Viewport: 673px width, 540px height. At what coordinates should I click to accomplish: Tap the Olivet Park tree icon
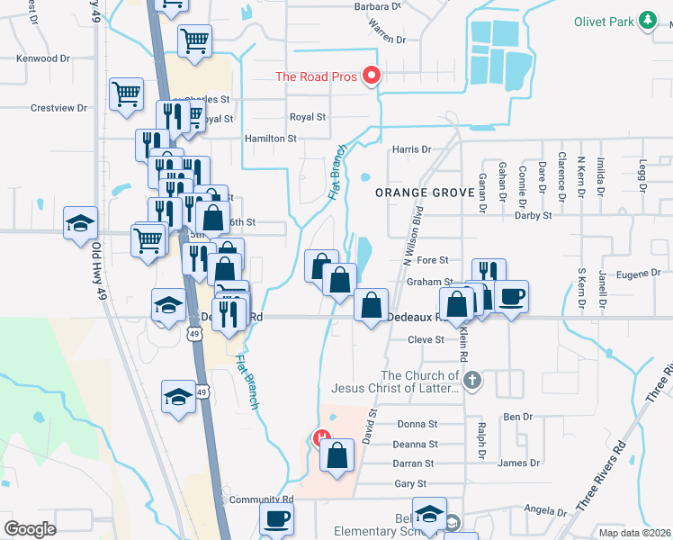(x=646, y=21)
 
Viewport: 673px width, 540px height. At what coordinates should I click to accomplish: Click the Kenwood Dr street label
(x=43, y=58)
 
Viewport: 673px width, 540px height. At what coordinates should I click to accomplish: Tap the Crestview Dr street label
(x=58, y=108)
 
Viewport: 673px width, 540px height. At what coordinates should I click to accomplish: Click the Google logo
(x=31, y=528)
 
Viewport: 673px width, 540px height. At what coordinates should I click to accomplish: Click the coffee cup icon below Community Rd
(x=276, y=518)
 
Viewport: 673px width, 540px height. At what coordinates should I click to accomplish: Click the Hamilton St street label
(x=271, y=139)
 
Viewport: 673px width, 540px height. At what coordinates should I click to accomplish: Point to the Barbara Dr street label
(x=375, y=7)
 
